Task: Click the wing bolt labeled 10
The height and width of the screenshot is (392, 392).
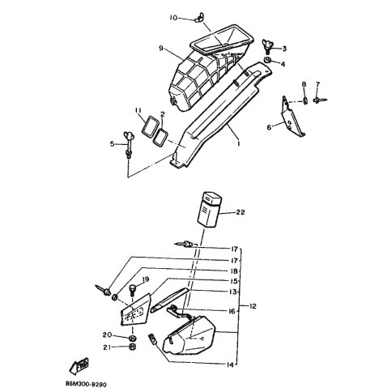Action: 198,19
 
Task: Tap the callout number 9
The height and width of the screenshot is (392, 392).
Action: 161,49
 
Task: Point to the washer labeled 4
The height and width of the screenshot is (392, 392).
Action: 267,60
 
